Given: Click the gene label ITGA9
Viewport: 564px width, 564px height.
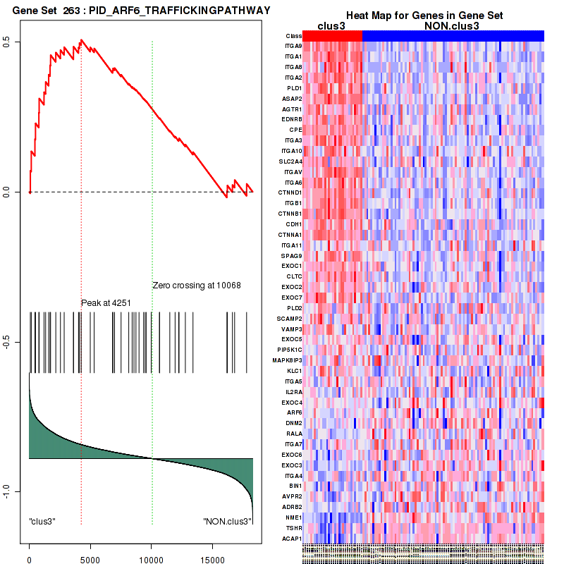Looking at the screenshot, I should (x=293, y=46).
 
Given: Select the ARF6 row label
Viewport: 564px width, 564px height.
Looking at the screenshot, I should (x=295, y=412).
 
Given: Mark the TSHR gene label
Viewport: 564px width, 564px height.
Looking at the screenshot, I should (x=294, y=527).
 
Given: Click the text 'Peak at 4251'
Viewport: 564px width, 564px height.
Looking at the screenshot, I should (x=106, y=302).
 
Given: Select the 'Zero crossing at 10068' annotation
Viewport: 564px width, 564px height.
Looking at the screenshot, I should (x=197, y=286).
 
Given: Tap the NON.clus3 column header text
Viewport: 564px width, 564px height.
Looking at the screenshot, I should (x=452, y=25).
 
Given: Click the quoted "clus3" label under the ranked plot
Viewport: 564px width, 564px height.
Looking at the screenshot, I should (x=42, y=521).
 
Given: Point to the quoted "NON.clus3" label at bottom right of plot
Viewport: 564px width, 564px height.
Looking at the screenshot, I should (x=227, y=521).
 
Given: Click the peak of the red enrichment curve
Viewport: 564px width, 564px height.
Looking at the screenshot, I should (x=81, y=40).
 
